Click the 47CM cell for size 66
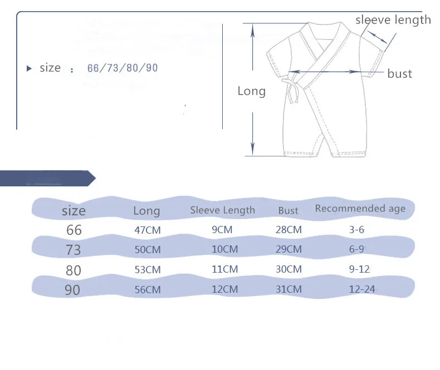point(148,230)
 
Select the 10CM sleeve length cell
point(225,249)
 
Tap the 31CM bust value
point(289,289)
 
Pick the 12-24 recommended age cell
point(362,289)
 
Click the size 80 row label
point(74,270)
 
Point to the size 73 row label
point(74,250)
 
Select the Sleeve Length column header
point(223,210)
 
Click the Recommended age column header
point(360,209)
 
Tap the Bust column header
point(288,210)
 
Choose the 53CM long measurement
point(148,270)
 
